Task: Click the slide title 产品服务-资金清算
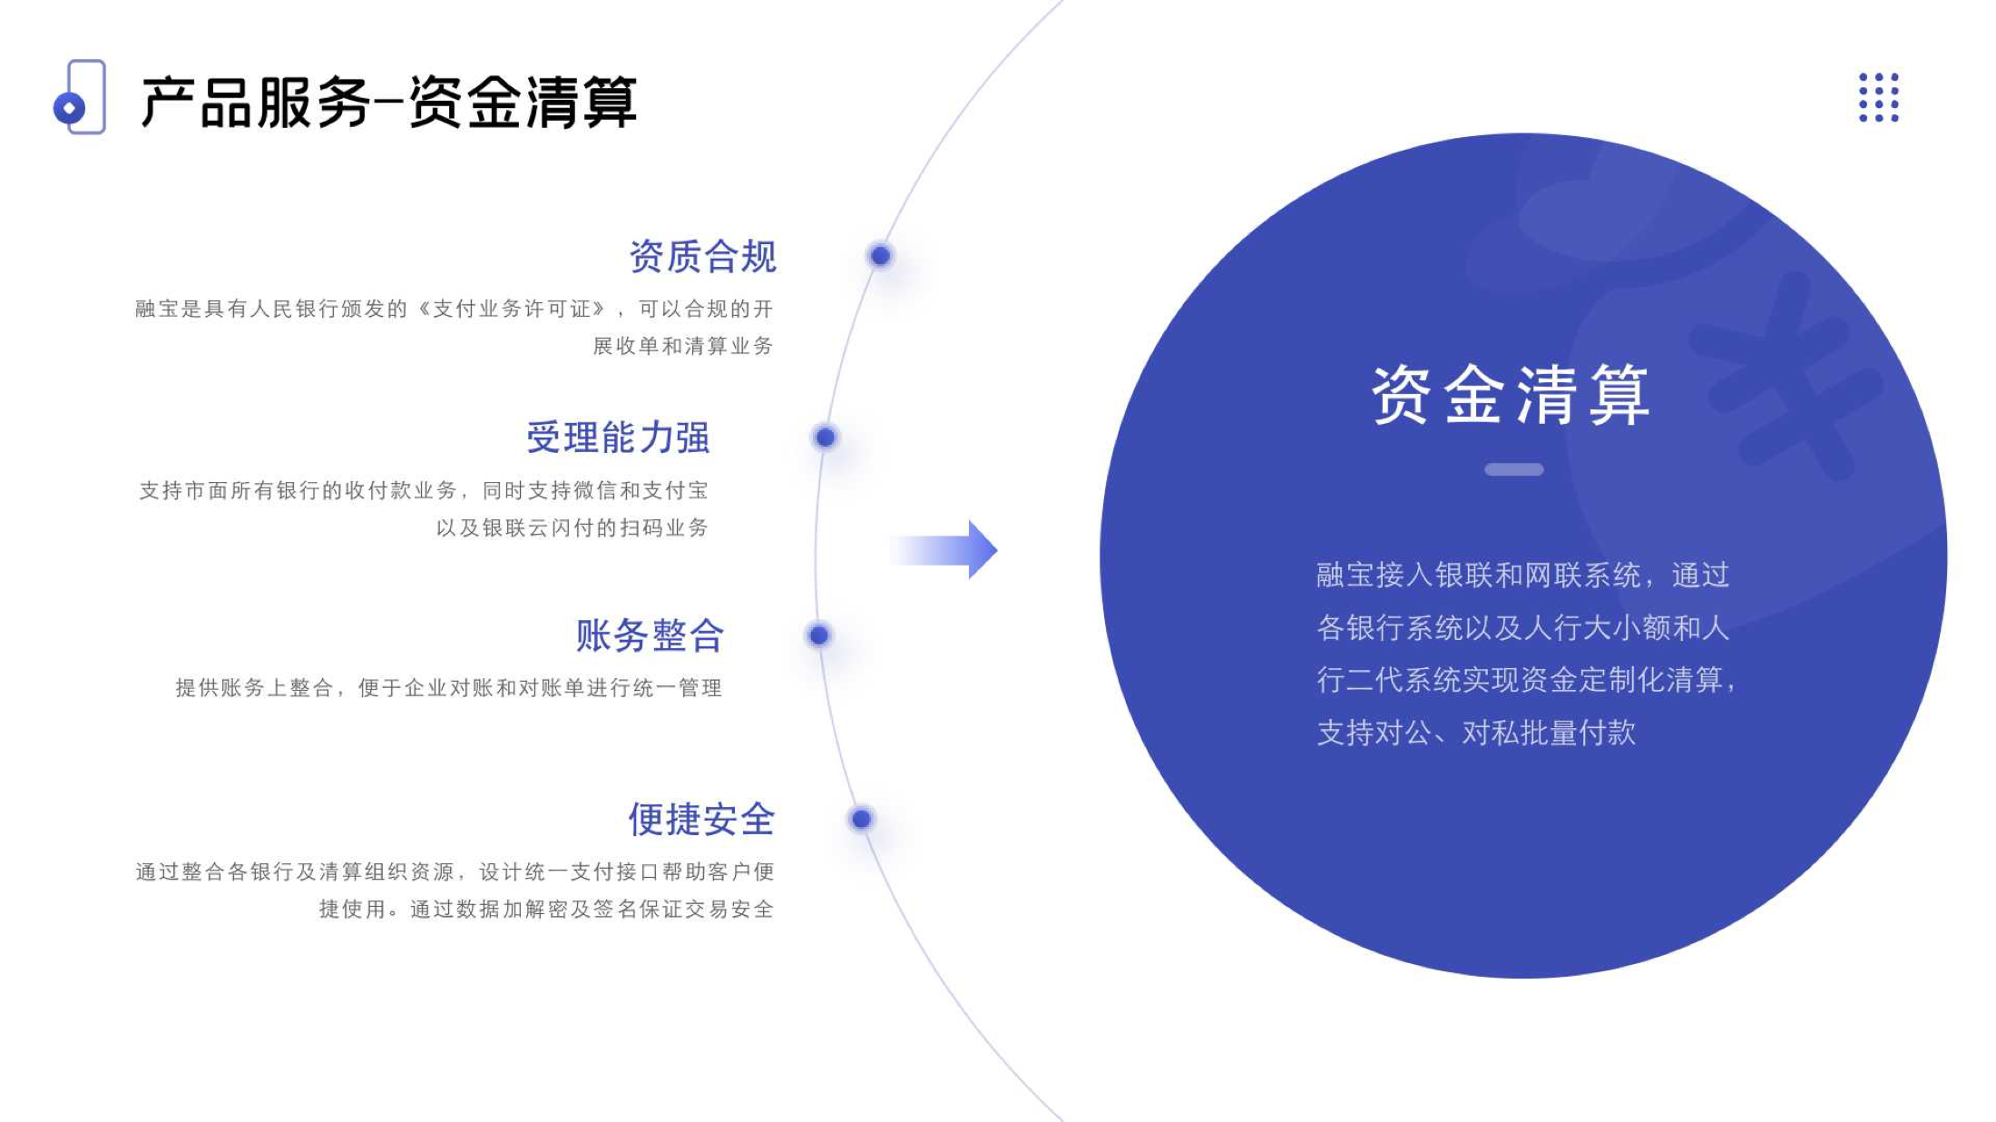(388, 101)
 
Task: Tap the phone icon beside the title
(80, 96)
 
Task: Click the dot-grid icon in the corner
(1879, 97)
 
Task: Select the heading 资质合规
(703, 256)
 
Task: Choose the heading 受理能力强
(619, 438)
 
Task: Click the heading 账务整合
(651, 635)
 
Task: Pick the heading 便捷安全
(702, 819)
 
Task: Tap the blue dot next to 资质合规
(880, 256)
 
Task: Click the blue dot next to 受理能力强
(825, 438)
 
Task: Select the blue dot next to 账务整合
(818, 635)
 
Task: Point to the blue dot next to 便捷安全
(861, 819)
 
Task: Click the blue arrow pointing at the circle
(944, 549)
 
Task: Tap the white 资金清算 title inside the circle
(1511, 395)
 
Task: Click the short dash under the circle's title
(1513, 469)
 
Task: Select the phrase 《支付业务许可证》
(513, 309)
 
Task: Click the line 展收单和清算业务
(683, 346)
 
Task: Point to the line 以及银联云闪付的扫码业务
(572, 527)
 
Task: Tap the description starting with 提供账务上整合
(449, 687)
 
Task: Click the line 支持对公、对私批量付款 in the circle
(1476, 732)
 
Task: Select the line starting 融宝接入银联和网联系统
(1523, 575)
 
